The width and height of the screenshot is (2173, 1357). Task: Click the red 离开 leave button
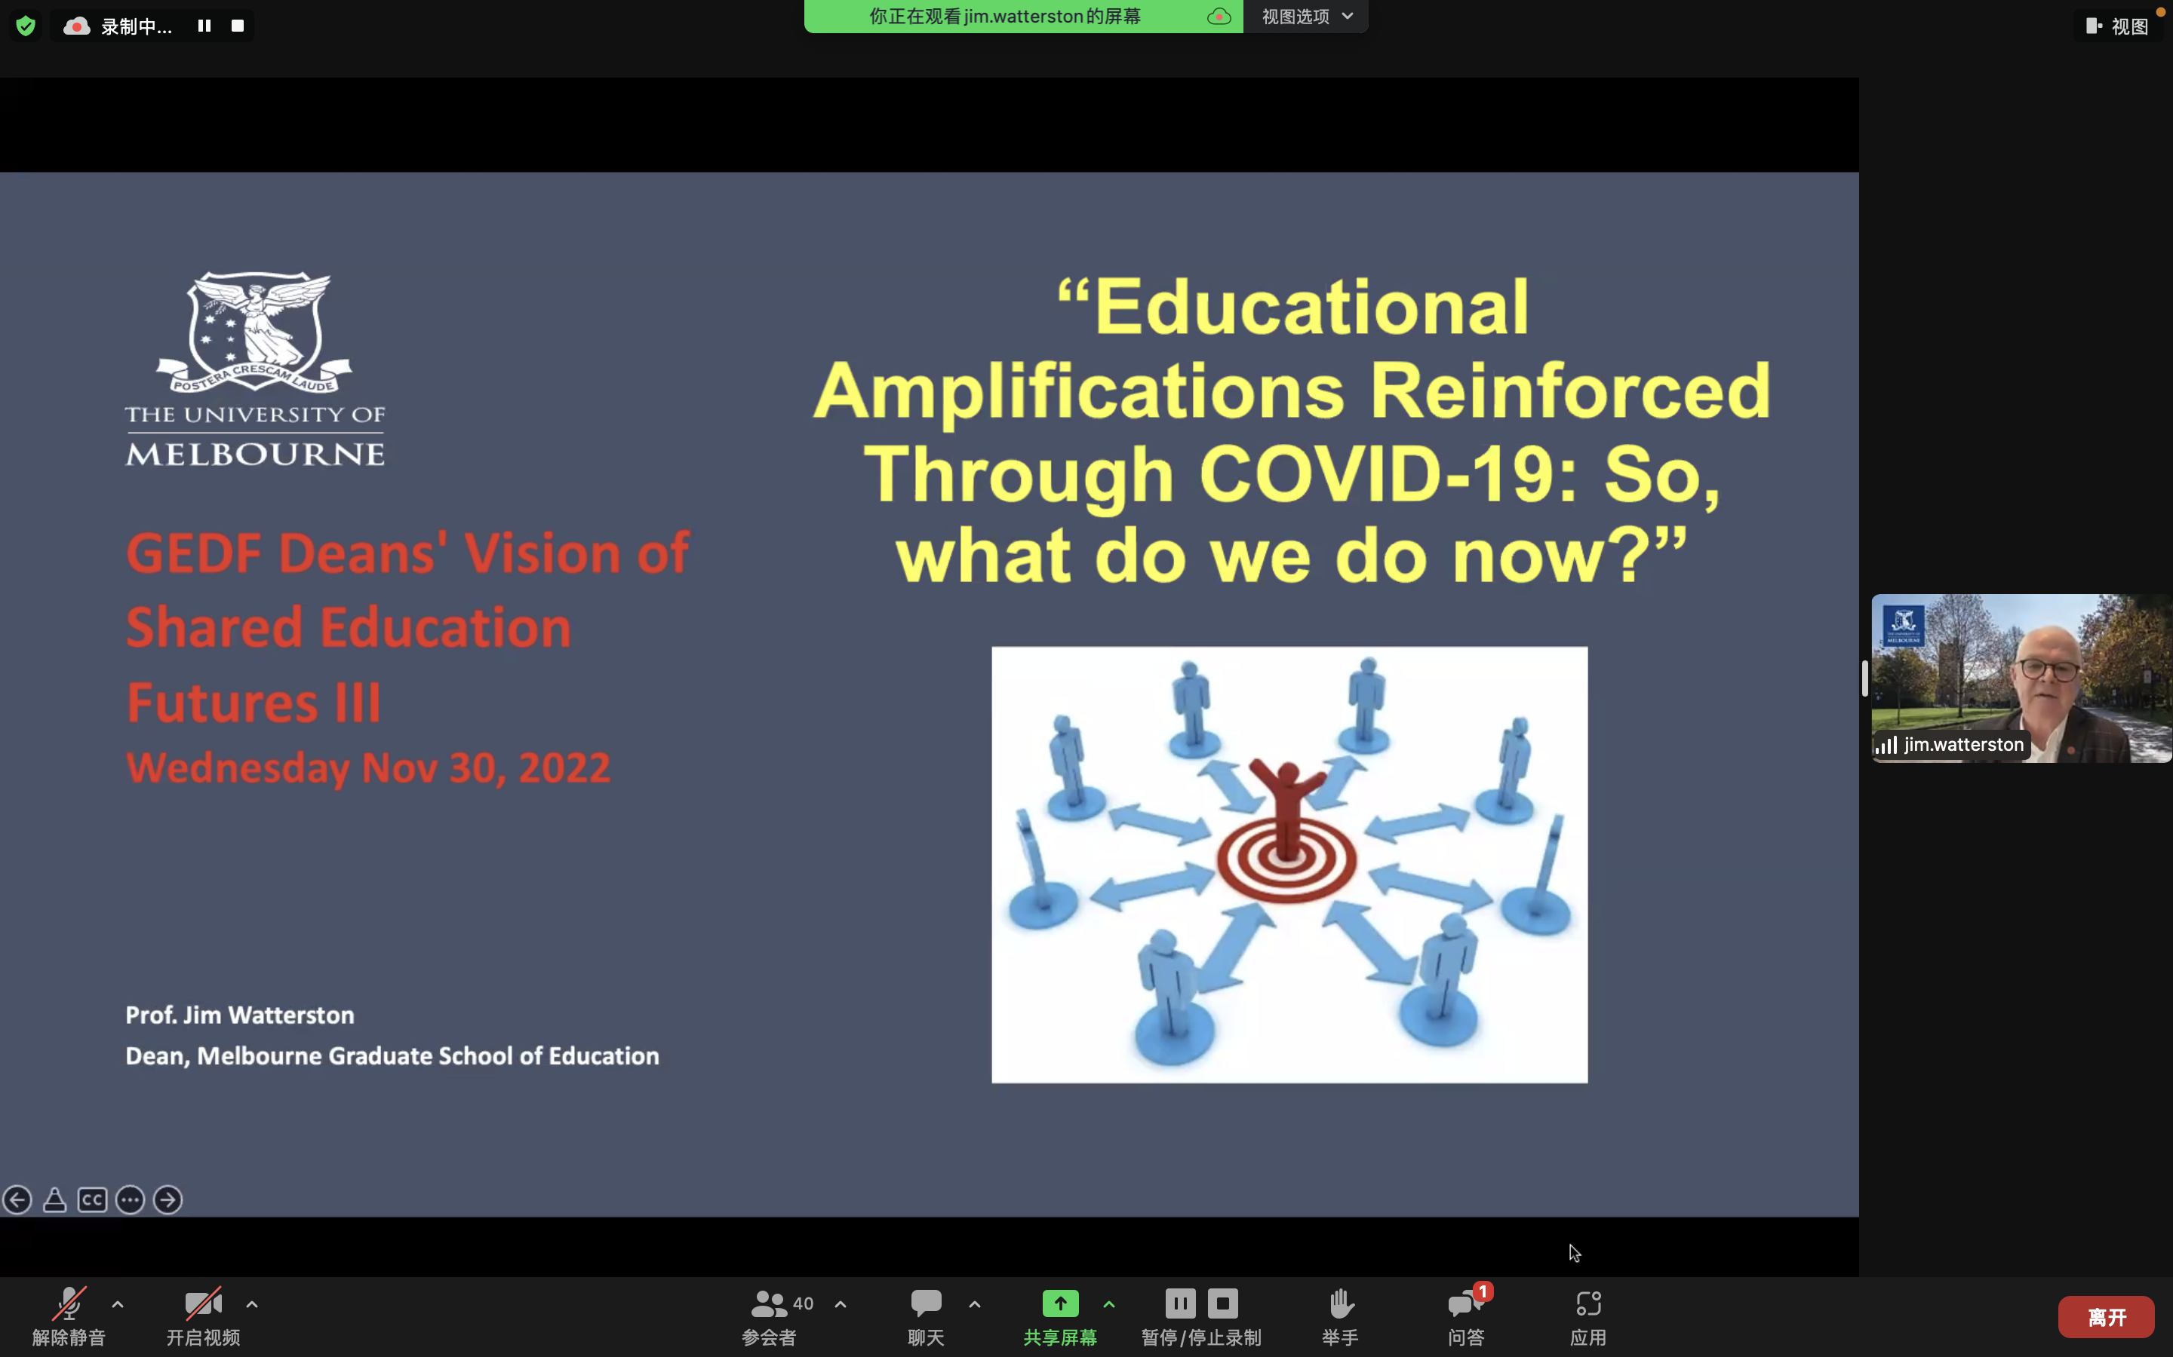[x=2106, y=1316]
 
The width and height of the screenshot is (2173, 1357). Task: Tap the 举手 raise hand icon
[x=1341, y=1303]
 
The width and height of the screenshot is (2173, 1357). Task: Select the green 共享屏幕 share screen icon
[x=1060, y=1303]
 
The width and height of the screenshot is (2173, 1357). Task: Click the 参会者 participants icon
[x=769, y=1303]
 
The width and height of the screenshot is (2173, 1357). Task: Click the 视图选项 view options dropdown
[x=1307, y=16]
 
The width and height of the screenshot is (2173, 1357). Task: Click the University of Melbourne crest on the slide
[x=255, y=332]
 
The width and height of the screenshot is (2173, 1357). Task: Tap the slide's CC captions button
[x=93, y=1200]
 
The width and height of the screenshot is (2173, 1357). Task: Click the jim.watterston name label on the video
[x=1963, y=745]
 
